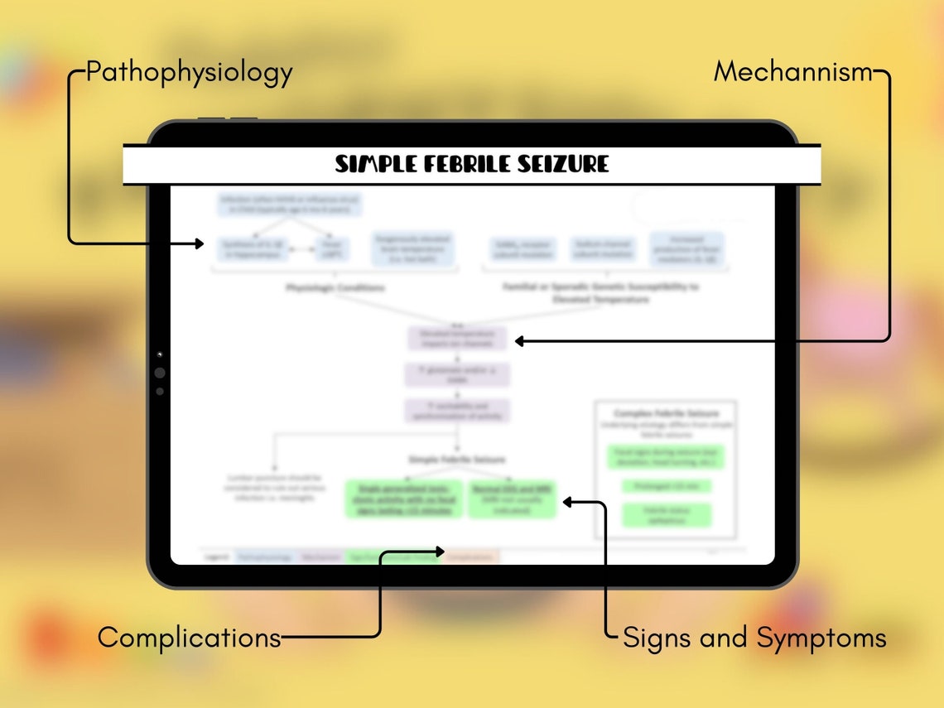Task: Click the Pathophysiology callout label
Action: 189,73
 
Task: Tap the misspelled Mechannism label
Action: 792,73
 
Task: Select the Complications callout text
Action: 189,638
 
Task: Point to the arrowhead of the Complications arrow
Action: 441,551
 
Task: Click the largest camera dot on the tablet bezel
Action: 159,373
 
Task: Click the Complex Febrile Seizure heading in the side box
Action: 666,413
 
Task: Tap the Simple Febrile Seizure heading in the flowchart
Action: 456,459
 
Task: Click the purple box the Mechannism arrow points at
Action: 457,339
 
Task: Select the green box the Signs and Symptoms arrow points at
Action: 512,500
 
